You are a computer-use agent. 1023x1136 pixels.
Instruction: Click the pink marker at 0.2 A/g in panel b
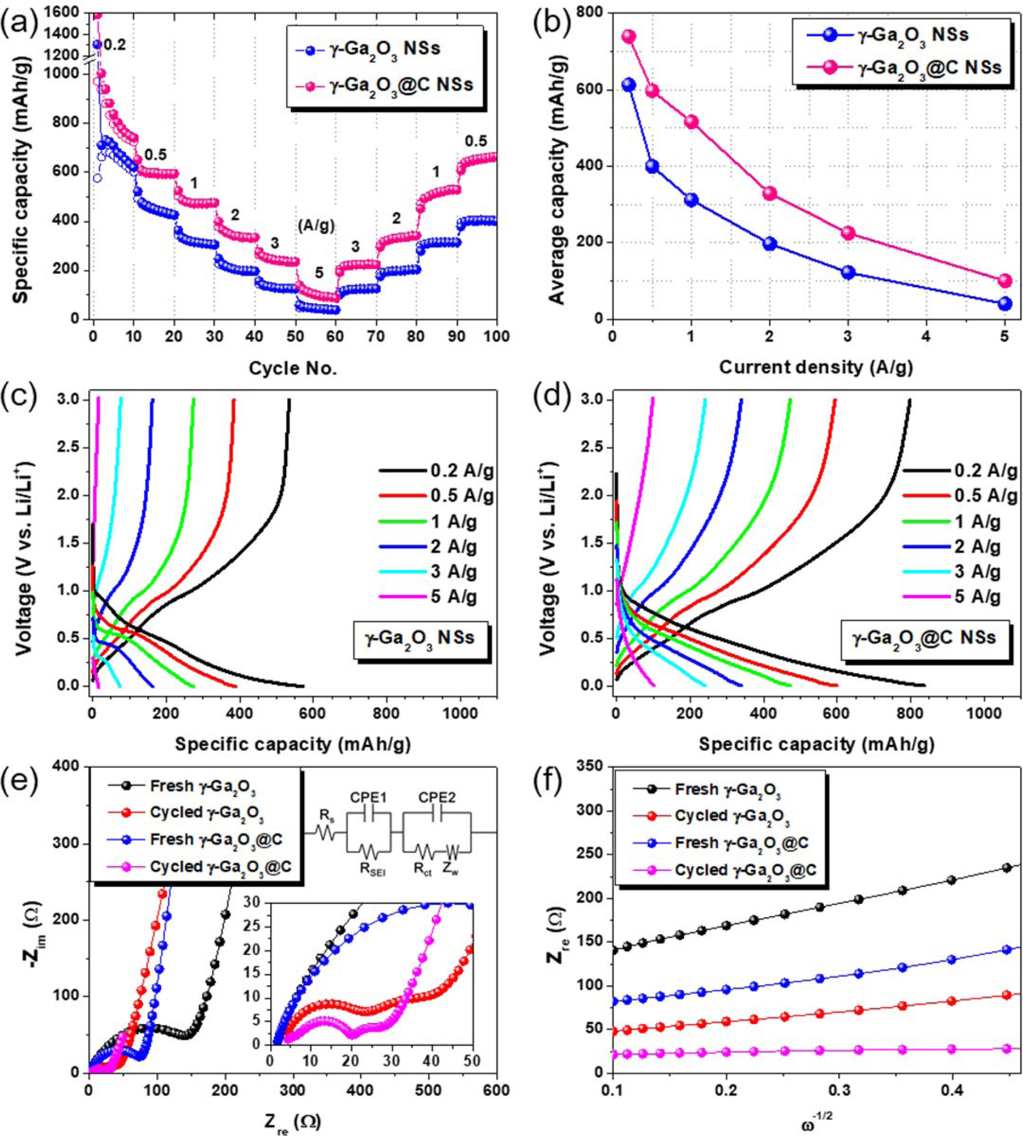[628, 37]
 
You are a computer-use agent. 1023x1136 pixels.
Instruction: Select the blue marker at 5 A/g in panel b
[1005, 304]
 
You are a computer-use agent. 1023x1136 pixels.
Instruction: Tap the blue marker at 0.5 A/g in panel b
[652, 166]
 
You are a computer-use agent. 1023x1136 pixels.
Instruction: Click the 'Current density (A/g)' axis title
[816, 367]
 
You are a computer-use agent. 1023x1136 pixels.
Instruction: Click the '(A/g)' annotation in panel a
[316, 227]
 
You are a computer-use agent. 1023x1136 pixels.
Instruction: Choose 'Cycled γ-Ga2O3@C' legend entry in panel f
[745, 870]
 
